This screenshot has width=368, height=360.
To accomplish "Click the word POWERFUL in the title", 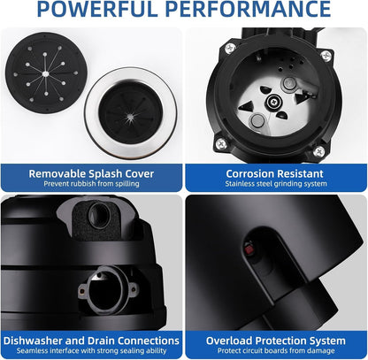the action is [97, 9].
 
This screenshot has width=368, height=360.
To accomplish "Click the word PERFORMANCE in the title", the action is [248, 9].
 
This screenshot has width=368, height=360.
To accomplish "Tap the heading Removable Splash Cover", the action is [91, 173].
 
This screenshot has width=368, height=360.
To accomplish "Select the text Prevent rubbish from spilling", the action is [91, 184].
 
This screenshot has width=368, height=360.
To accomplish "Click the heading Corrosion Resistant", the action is [275, 173].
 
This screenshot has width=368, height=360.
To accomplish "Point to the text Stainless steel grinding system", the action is [276, 184].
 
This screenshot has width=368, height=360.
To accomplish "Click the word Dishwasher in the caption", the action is [33, 341].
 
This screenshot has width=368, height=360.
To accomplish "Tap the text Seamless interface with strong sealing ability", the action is [92, 351].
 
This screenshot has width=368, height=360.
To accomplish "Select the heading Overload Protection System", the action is [276, 341].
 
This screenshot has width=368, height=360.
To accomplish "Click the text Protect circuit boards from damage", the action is [276, 351].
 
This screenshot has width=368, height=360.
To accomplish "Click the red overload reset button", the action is [249, 249].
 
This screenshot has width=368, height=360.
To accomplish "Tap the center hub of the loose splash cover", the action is [45, 73].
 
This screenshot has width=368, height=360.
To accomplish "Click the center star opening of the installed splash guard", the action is [130, 118].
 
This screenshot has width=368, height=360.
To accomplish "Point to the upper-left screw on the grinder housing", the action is [230, 48].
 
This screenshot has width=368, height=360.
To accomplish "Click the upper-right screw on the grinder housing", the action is [326, 56].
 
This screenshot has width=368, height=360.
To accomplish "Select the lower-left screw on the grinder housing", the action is [221, 143].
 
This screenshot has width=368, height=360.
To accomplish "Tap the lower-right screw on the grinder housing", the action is [318, 151].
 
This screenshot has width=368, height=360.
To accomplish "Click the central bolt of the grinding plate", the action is [274, 102].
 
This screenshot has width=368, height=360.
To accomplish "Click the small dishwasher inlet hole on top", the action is [99, 214].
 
